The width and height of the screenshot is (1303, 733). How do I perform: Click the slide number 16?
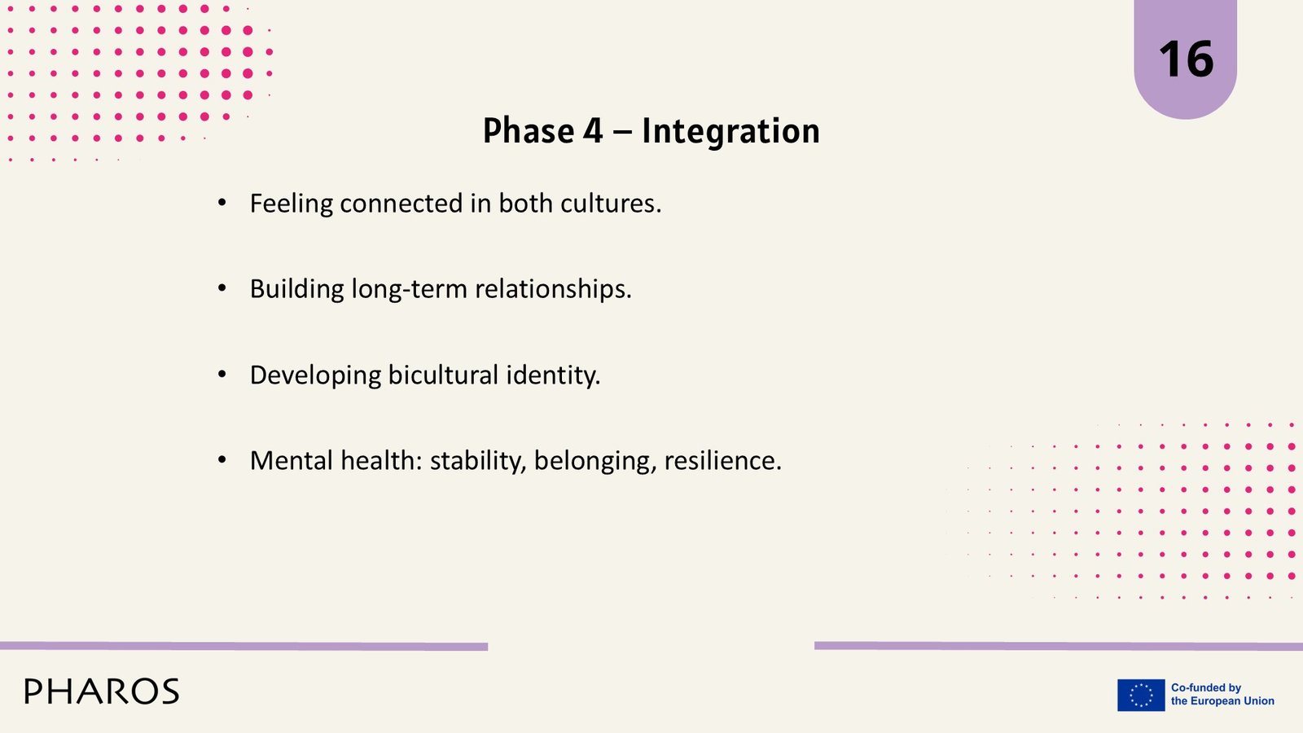(x=1186, y=59)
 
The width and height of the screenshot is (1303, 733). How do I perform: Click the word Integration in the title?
(x=730, y=130)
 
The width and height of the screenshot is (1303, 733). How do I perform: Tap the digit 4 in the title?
(x=593, y=131)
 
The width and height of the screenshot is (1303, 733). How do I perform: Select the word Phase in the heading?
(x=529, y=130)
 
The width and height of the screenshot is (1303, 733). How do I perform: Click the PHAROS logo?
(x=102, y=691)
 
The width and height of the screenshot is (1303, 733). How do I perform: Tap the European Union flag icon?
(x=1141, y=695)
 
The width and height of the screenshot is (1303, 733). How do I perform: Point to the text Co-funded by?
(x=1206, y=687)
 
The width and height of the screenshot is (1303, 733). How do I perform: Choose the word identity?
(x=553, y=375)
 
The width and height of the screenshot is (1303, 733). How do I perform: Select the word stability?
(x=478, y=461)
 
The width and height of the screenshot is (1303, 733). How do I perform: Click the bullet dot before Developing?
(x=222, y=374)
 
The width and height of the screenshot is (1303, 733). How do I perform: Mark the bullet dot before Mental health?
(x=222, y=460)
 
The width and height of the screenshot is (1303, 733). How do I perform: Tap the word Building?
(x=297, y=289)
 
